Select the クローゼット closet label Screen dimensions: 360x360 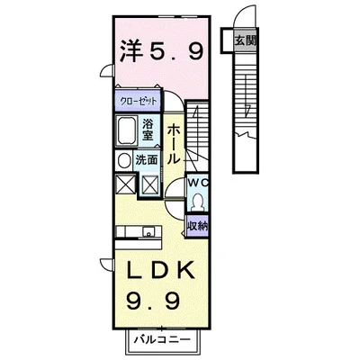(137, 101)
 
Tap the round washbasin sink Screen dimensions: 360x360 (123, 160)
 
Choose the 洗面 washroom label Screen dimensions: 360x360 (148, 160)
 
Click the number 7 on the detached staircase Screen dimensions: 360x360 (247, 111)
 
